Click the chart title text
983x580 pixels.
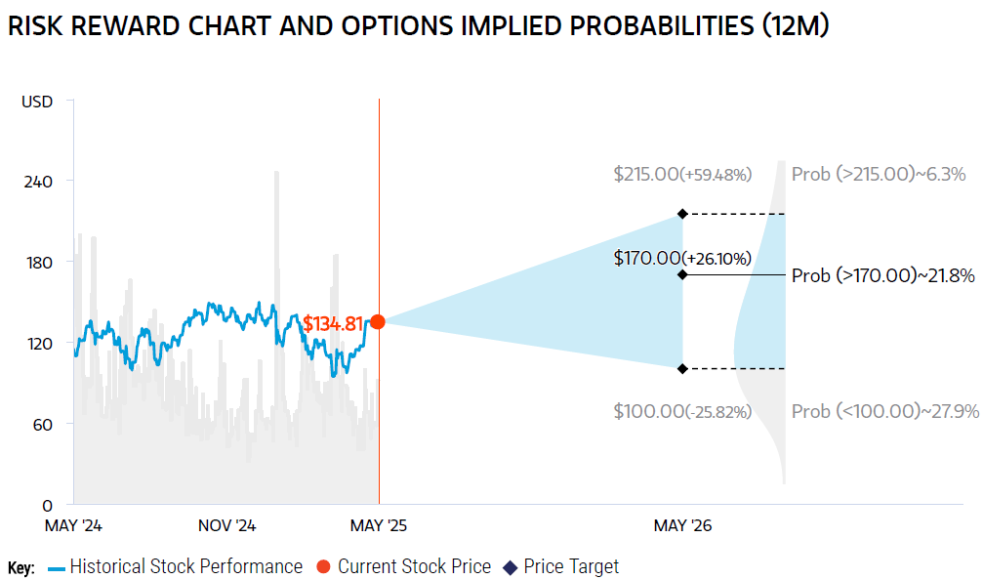[418, 26]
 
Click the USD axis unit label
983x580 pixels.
[37, 102]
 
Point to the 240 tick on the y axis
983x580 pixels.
[38, 182]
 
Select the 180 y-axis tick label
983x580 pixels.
[38, 262]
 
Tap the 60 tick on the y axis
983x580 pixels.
[41, 424]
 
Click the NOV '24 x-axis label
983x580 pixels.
[226, 525]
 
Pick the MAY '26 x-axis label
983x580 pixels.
[682, 525]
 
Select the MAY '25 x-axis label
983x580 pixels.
[378, 525]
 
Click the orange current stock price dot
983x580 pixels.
[378, 321]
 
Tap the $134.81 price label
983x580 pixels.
[332, 323]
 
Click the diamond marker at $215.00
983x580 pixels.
[682, 214]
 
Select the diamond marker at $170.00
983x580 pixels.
[682, 274]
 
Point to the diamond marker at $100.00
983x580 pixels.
[682, 368]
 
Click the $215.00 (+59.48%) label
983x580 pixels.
[682, 175]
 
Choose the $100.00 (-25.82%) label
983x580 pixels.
[682, 411]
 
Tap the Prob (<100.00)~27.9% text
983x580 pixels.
[884, 411]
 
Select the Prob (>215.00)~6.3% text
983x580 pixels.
[878, 175]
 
